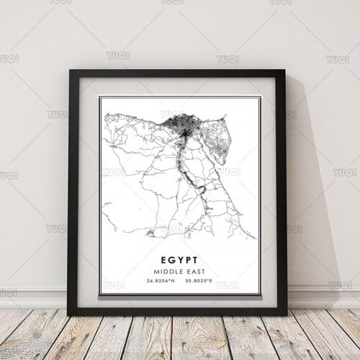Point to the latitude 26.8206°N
tap(159, 282)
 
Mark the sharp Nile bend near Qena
tap(201, 190)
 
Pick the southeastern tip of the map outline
tap(253, 237)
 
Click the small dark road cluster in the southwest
tap(150, 233)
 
